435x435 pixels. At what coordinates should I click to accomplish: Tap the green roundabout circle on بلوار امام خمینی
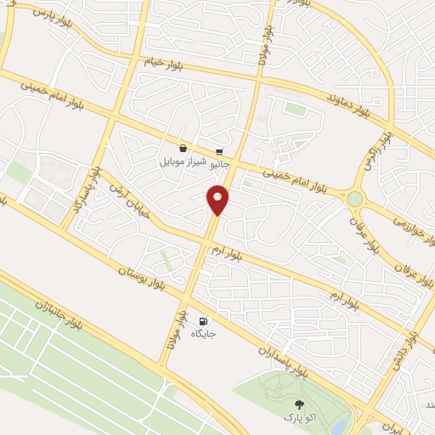pyautogui.click(x=355, y=199)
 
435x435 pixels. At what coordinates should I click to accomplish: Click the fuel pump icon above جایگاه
pyautogui.click(x=202, y=321)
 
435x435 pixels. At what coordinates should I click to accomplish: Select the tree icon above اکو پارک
pyautogui.click(x=297, y=405)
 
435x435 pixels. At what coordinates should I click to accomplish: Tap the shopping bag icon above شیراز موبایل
pyautogui.click(x=184, y=148)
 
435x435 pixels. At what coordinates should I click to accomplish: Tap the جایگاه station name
pyautogui.click(x=203, y=334)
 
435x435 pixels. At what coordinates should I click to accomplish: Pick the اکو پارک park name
pyautogui.click(x=297, y=419)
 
